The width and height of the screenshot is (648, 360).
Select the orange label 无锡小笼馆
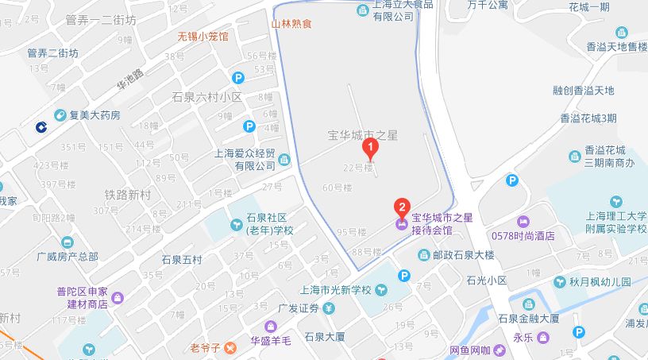202,37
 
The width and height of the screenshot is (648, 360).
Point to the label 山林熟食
291,24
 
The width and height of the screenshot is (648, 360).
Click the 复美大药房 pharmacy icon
60,115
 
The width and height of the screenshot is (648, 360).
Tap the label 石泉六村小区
206,97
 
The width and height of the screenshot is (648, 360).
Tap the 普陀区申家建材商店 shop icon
118,298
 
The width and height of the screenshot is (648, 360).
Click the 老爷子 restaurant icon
229,347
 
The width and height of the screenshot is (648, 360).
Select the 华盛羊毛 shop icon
270,327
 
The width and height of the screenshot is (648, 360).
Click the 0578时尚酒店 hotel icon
523,221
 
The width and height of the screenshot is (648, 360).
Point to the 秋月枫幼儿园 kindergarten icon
561,282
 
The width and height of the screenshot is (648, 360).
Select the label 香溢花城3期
588,118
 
